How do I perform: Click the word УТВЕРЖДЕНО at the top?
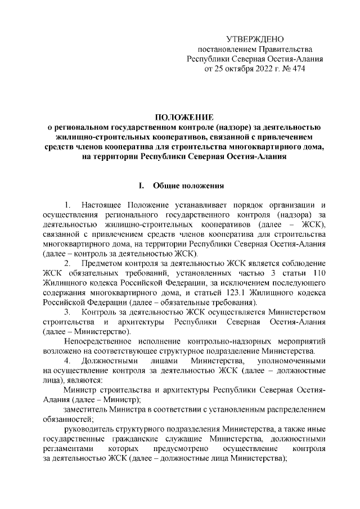coord(255,39)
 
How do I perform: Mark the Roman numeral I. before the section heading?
coord(142,186)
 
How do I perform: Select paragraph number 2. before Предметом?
coord(68,263)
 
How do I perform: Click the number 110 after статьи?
coord(319,273)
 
